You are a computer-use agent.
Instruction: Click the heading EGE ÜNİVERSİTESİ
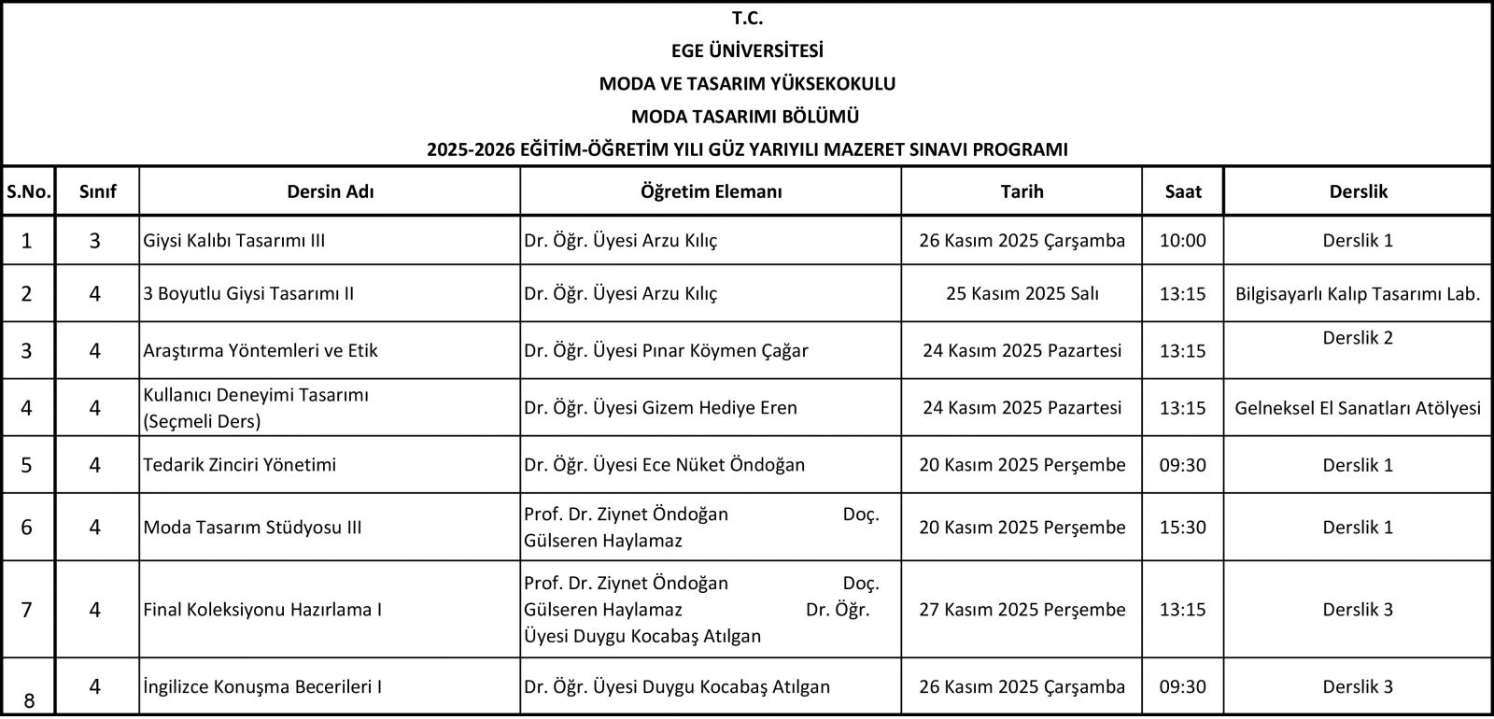pos(747,50)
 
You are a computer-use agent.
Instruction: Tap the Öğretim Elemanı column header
pos(711,191)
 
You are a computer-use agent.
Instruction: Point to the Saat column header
pos(1182,191)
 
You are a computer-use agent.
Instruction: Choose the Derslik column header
pos(1358,191)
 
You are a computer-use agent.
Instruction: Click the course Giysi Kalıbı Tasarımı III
pos(234,240)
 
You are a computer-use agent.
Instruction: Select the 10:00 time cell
pos(1182,240)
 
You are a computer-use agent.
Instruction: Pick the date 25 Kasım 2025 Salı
pos(1022,293)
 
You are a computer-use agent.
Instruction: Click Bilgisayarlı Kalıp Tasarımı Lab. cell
pos(1358,293)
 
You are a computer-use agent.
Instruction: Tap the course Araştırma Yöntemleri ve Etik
pos(261,350)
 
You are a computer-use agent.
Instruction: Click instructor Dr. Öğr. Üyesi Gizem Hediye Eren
pos(660,407)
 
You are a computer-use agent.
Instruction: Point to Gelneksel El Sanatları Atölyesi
pos(1358,407)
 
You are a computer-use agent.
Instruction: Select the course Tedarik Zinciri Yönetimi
pos(240,464)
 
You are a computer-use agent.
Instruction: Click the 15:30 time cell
pos(1182,527)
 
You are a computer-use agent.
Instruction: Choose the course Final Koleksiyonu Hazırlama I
pos(262,609)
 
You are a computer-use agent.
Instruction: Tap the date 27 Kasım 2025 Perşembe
pos(1022,609)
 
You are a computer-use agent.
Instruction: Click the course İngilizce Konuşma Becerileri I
pos(262,686)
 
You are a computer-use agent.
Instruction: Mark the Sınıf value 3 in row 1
pos(95,240)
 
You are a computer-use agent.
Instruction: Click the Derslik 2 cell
pos(1358,338)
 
